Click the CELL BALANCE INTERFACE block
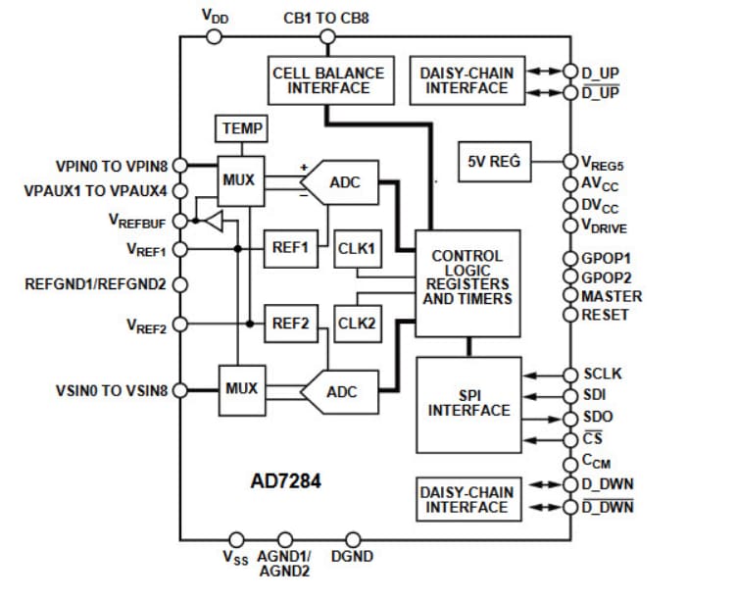point(328,79)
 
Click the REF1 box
point(291,247)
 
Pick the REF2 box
point(291,322)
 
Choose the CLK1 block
point(358,247)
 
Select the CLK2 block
point(358,322)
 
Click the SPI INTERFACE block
point(468,402)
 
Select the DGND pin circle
point(354,539)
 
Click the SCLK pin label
point(603,374)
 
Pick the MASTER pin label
point(612,296)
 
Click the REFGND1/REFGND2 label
point(96,284)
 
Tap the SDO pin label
point(598,417)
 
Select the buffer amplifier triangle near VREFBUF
point(213,222)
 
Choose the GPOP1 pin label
point(607,258)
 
